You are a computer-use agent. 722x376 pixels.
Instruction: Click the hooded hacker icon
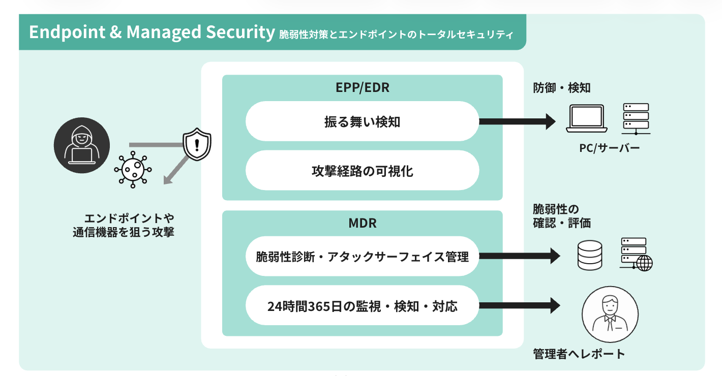pyautogui.click(x=81, y=145)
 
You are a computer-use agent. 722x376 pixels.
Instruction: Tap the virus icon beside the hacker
pyautogui.click(x=133, y=170)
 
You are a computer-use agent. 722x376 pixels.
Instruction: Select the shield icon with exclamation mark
pyautogui.click(x=197, y=144)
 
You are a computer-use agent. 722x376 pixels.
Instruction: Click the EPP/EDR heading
pyautogui.click(x=363, y=87)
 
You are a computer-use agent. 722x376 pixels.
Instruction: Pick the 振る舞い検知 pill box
pyautogui.click(x=363, y=121)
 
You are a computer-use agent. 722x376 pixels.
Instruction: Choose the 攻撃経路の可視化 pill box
pyautogui.click(x=363, y=170)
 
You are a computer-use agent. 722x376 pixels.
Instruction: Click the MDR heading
pyautogui.click(x=363, y=223)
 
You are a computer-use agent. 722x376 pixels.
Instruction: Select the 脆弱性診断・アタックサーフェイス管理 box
pyautogui.click(x=363, y=257)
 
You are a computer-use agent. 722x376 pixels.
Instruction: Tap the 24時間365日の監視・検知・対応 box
pyautogui.click(x=363, y=305)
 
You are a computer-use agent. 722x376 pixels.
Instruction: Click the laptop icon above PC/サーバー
pyautogui.click(x=587, y=118)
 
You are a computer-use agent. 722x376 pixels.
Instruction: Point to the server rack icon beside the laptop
pyautogui.click(x=636, y=119)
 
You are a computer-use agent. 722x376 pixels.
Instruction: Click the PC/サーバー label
pyautogui.click(x=609, y=148)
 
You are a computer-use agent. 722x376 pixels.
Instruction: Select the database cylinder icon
pyautogui.click(x=590, y=255)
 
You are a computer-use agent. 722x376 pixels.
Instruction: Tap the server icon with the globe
pyautogui.click(x=636, y=255)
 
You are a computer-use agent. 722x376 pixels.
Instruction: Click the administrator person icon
pyautogui.click(x=610, y=314)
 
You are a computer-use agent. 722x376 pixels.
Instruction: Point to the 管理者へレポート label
pyautogui.click(x=579, y=354)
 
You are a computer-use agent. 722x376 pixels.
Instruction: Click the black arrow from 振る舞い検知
pyautogui.click(x=517, y=121)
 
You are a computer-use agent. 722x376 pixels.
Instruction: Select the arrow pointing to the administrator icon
pyautogui.click(x=520, y=305)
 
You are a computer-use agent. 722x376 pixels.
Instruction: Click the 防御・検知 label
pyautogui.click(x=561, y=87)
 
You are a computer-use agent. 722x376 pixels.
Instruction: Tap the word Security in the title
pyautogui.click(x=240, y=32)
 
